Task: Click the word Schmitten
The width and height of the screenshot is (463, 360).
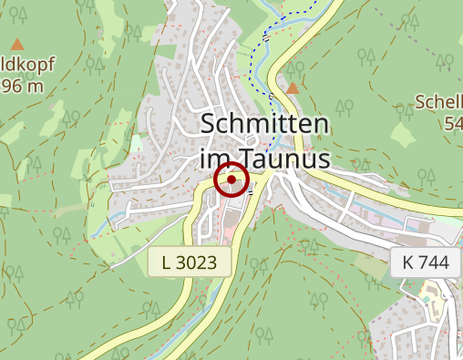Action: tap(264, 126)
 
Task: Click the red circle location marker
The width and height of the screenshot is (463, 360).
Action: tap(231, 180)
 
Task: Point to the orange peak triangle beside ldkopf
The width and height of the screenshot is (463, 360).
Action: tap(17, 44)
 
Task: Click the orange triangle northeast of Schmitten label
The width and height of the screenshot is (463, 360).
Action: tap(293, 88)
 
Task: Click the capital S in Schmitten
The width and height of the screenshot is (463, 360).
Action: tap(208, 126)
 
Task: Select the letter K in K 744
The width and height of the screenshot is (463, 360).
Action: tap(406, 262)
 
